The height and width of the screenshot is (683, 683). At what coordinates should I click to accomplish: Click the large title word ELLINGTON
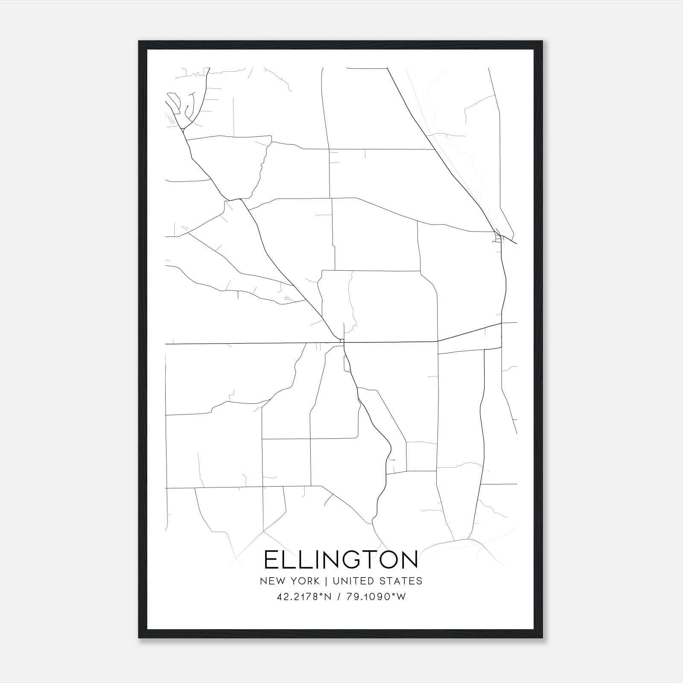[x=341, y=560]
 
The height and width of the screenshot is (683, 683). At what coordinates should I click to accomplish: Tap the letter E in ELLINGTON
[x=271, y=560]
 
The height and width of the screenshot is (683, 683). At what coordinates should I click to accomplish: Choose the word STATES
[x=401, y=581]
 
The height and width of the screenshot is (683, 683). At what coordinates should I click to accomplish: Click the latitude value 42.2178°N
[x=304, y=597]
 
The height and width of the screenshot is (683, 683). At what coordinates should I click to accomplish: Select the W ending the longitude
[x=401, y=597]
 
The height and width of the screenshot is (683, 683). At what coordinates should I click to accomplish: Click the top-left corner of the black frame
[x=140, y=42]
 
